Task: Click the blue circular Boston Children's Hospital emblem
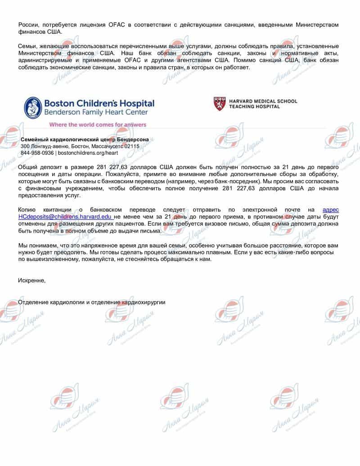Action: (x=33, y=107)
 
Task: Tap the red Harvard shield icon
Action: (x=220, y=104)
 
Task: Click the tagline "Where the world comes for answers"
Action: (x=98, y=124)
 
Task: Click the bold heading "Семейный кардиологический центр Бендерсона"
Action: (x=85, y=140)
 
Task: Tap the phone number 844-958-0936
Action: (x=37, y=153)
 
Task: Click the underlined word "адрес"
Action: (x=331, y=210)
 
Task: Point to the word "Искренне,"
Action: (x=32, y=281)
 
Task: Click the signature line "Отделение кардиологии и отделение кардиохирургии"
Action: (x=92, y=302)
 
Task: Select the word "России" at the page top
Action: (x=28, y=24)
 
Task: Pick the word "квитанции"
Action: (x=59, y=210)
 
